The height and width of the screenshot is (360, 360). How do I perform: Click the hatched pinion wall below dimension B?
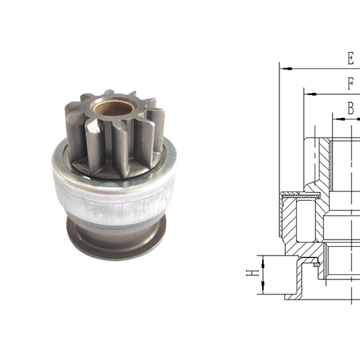(x=324, y=162)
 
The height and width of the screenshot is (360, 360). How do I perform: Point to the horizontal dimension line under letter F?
(x=331, y=93)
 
